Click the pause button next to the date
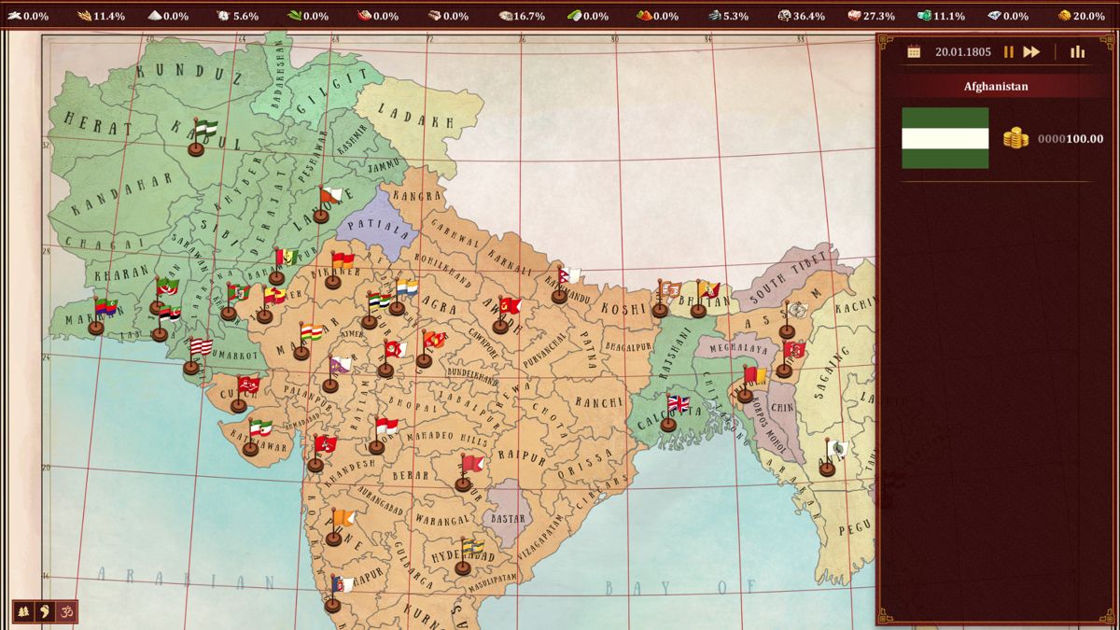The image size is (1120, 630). coord(1009,52)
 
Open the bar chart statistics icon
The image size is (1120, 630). coord(1078,52)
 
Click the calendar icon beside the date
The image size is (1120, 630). coord(914,52)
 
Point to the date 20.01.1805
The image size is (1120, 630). coord(963,52)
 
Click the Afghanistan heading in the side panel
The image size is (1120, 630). coord(996,86)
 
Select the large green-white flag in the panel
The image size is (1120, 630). coord(945,138)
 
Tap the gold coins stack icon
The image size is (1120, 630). coord(1015,138)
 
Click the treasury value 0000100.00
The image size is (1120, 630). coord(1071,139)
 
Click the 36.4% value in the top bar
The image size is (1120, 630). coord(808,16)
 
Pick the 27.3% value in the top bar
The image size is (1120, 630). coord(878,16)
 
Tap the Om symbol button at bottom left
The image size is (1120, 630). coord(66,612)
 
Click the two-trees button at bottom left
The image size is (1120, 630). coord(24,612)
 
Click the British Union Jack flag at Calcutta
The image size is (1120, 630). coord(679,405)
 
